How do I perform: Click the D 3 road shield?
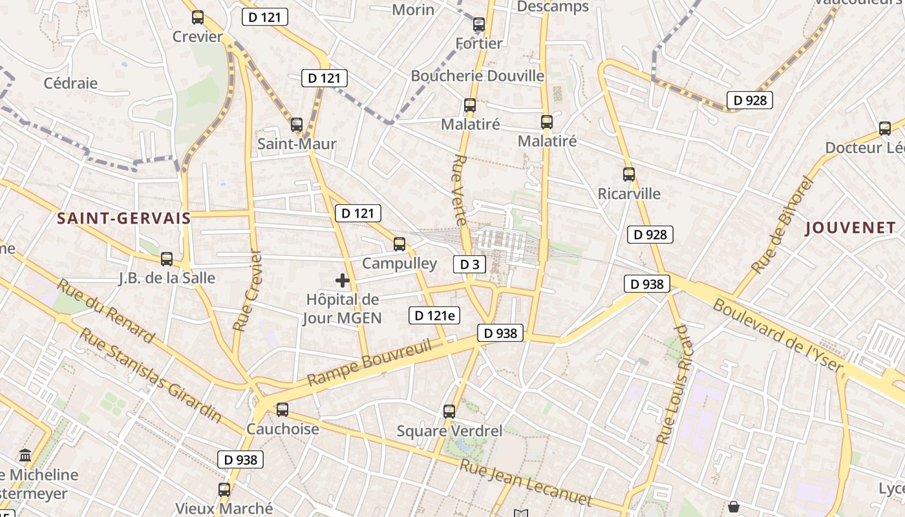pos(469,264)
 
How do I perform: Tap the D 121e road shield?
pos(434,315)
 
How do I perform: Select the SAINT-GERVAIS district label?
pos(124,218)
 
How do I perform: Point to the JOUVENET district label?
pos(850,227)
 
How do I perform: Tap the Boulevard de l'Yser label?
pos(778,336)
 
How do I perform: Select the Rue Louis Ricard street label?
pos(673,385)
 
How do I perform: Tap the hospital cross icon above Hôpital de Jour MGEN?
pos(343,280)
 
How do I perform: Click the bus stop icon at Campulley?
pos(399,244)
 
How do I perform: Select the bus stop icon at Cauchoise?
pos(282,410)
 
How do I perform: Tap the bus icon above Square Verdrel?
pos(449,411)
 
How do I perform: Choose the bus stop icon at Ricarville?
pos(629,174)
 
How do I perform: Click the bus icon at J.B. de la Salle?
pos(167,259)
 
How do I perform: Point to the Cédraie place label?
pos(70,83)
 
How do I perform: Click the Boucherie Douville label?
pos(478,76)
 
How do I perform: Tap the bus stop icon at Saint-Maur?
pos(297,125)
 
